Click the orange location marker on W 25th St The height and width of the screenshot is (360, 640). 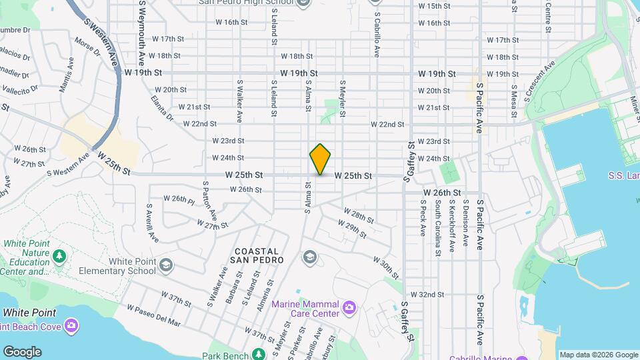pyautogui.click(x=320, y=159)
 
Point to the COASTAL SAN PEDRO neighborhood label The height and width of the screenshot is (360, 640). pyautogui.click(x=257, y=254)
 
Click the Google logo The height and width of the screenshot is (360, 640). pyautogui.click(x=22, y=352)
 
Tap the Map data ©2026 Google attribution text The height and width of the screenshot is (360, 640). pyautogui.click(x=598, y=355)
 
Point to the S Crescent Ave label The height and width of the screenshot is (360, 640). pyautogui.click(x=539, y=81)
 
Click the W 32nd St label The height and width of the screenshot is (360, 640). pyautogui.click(x=427, y=294)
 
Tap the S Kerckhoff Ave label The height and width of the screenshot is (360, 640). pyautogui.click(x=451, y=226)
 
